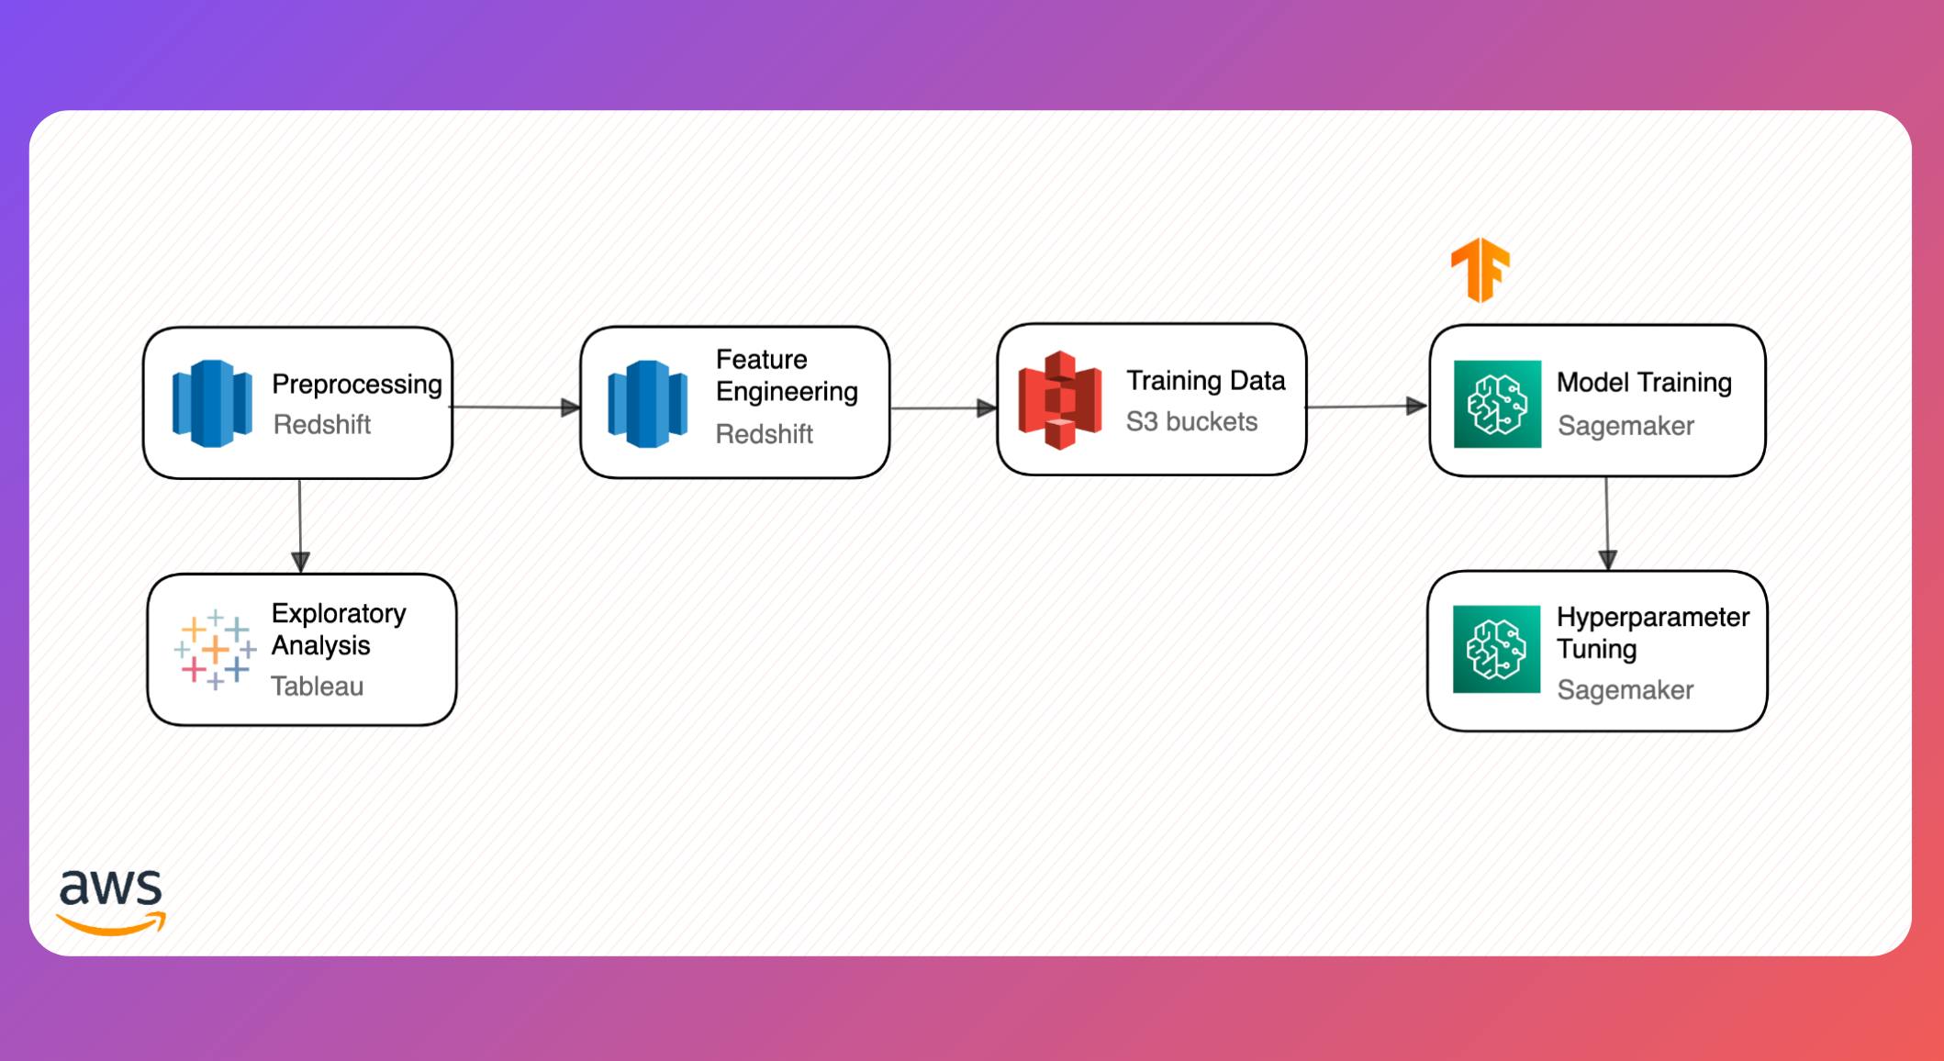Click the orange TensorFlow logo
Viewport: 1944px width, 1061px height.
1479,270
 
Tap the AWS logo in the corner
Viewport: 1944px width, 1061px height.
111,901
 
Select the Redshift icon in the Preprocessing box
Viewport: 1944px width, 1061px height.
212,404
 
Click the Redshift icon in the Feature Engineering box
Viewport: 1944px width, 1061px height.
647,405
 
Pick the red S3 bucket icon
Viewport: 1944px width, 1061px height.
1060,400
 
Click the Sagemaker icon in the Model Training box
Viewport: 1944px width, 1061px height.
1497,404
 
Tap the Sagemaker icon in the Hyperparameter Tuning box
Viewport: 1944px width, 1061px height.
1496,649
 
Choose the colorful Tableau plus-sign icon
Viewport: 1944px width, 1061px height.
215,649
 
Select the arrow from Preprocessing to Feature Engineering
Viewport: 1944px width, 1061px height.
516,407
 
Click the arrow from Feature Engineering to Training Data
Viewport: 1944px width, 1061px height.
944,408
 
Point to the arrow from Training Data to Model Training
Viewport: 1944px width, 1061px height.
1367,406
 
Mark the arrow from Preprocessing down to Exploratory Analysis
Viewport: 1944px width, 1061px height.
300,525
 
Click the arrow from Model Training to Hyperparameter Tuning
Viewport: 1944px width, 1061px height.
1607,523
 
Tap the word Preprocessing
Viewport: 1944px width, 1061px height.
356,384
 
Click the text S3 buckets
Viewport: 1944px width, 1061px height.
1191,421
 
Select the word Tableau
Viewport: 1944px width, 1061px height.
317,686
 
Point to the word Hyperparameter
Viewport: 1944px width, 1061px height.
1652,618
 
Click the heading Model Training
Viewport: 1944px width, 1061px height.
1644,382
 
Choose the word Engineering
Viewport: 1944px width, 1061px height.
787,392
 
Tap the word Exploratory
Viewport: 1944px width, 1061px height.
338,613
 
